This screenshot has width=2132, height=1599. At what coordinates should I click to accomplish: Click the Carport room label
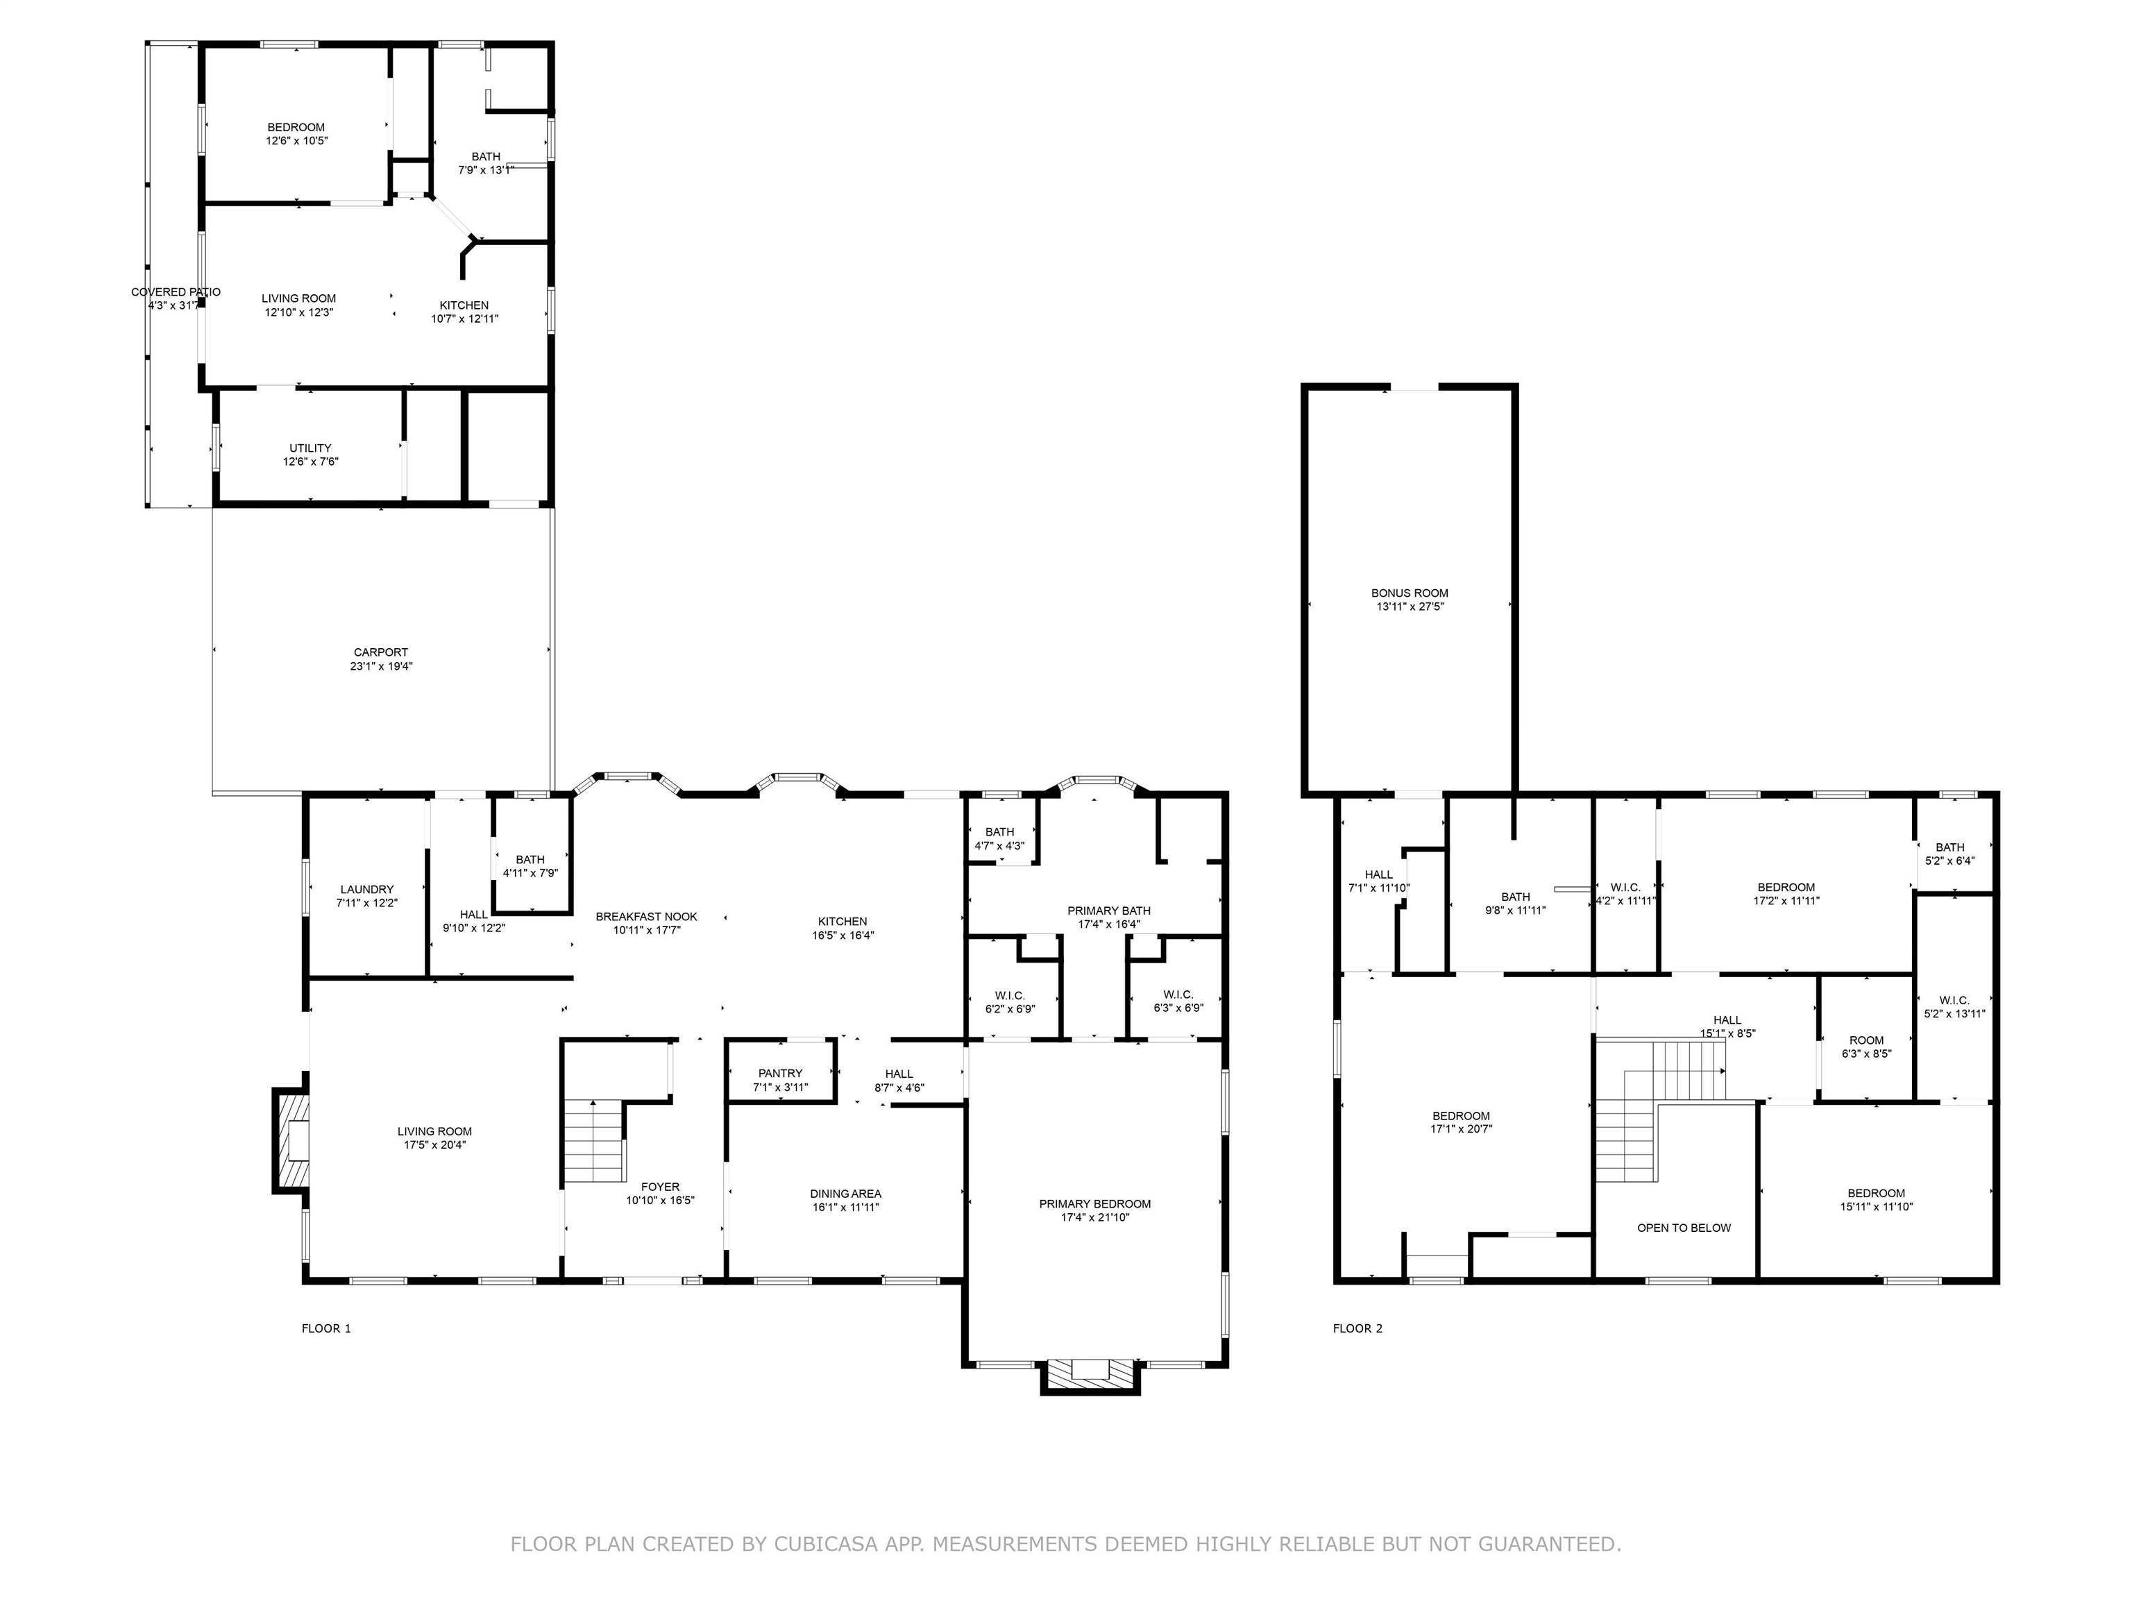point(381,652)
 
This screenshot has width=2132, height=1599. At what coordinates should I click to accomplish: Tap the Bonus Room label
point(1409,593)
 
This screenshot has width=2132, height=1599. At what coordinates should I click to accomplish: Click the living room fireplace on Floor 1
point(292,1140)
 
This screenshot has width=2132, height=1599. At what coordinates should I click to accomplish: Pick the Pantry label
point(780,1074)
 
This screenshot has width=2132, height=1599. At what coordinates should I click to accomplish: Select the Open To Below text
point(1683,1228)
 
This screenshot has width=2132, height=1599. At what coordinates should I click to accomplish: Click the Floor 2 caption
point(1357,1328)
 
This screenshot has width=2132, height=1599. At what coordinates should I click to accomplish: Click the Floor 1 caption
point(325,1328)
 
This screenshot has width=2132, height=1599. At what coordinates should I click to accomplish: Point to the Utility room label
point(310,448)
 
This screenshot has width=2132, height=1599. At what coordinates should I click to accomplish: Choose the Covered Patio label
point(176,292)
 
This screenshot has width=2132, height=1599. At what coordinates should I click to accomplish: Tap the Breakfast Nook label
point(645,917)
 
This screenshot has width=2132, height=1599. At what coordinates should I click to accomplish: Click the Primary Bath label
point(1108,911)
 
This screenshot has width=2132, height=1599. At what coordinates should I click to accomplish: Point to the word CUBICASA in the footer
point(826,1544)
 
